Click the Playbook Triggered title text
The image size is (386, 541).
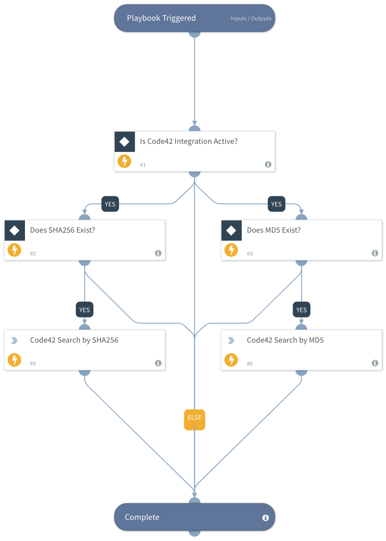coord(161,18)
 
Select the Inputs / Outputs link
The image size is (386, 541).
coord(251,19)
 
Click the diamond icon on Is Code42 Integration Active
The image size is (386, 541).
coord(124,142)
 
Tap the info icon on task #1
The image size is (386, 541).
coord(268,165)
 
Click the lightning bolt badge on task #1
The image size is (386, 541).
coord(124,161)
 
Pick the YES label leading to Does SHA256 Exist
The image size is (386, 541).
coord(110,204)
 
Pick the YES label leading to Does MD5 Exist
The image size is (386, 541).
coord(276,204)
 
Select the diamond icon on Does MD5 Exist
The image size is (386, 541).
coord(231,231)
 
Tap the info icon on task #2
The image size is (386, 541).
coord(158,253)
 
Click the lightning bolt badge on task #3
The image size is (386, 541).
coord(231,250)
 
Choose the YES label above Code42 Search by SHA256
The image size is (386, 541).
coord(85,310)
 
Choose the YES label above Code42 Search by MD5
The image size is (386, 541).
coord(301,310)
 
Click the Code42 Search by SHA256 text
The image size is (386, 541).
coord(74,340)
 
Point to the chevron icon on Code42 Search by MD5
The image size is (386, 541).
coord(231,341)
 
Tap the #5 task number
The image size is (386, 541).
coord(33,364)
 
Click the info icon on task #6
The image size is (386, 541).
coord(375,363)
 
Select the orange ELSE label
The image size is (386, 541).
coord(194,418)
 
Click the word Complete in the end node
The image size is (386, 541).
coord(142,517)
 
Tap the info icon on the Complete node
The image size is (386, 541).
coord(265,518)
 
